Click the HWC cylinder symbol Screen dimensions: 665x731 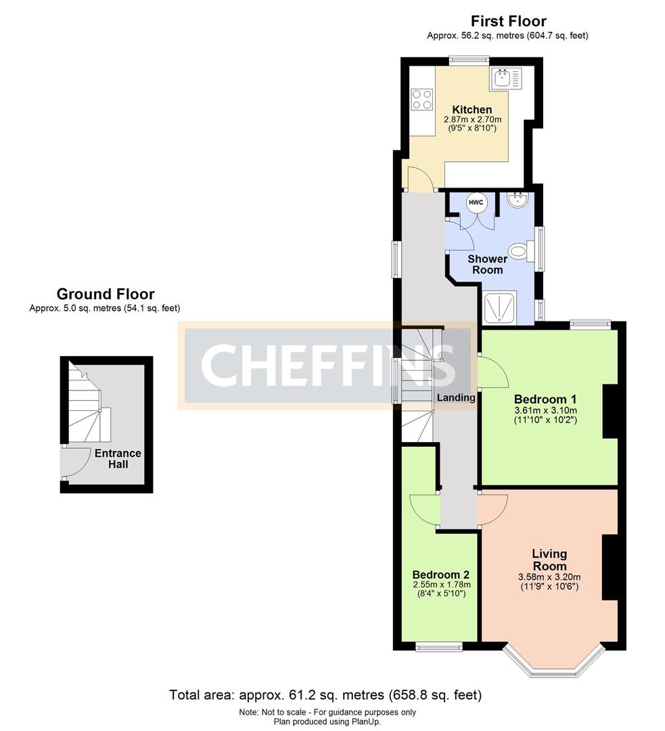click(x=476, y=203)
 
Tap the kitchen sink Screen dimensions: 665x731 click(x=506, y=79)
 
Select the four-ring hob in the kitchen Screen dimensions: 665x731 click(x=421, y=99)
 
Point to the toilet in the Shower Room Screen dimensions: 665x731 click(x=522, y=251)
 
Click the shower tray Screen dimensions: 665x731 click(x=501, y=308)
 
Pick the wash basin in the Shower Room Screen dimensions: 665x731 click(x=518, y=200)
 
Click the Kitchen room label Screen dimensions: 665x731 click(x=472, y=110)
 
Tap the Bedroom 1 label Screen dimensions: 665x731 click(x=545, y=399)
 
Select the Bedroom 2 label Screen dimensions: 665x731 click(x=441, y=575)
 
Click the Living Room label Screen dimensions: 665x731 click(x=549, y=560)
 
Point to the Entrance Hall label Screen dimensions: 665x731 click(x=118, y=459)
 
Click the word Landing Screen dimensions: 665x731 click(x=456, y=398)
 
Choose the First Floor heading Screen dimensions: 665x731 click(x=509, y=21)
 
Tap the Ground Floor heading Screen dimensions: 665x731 click(x=106, y=294)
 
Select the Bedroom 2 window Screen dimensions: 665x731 click(x=439, y=646)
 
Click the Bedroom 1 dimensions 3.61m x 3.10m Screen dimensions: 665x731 click(x=545, y=411)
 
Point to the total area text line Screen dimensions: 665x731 click(x=325, y=695)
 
